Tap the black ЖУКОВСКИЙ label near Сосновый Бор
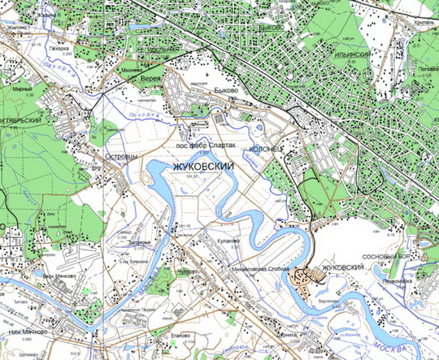point(350,267)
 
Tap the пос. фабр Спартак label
point(206,145)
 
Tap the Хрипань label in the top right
point(423,26)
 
